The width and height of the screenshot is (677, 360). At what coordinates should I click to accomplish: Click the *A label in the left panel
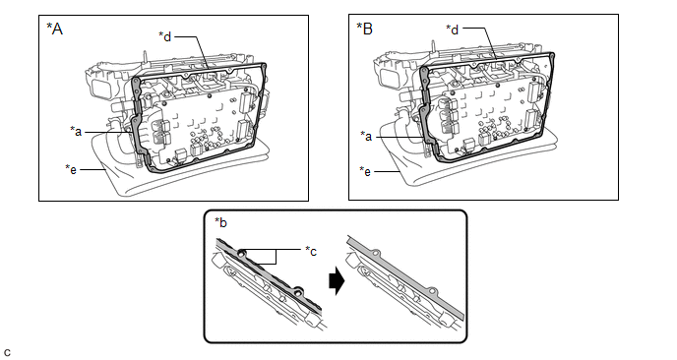coord(54,29)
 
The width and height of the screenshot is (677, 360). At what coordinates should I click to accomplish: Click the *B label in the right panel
coord(364,29)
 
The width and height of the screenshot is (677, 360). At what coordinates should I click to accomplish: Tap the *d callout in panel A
coord(165,36)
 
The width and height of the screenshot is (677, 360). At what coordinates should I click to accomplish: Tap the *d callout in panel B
coord(452,30)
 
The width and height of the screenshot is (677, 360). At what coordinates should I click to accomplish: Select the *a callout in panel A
coord(76,131)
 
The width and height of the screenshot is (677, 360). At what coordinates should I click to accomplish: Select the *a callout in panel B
coord(366,137)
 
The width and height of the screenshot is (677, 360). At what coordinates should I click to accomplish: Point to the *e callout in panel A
coord(71,169)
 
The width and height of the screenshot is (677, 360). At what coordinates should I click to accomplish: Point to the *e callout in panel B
coord(365,171)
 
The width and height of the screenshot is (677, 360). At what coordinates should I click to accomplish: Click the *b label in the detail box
coord(221,222)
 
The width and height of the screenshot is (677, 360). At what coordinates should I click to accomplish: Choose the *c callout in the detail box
coord(311,251)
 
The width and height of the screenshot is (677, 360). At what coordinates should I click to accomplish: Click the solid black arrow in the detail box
coord(337,282)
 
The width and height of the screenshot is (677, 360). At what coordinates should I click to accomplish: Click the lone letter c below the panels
coord(7,353)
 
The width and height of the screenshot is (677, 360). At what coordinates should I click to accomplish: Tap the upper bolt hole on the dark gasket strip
coord(242,252)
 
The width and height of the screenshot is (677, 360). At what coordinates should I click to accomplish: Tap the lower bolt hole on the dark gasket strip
coord(297,291)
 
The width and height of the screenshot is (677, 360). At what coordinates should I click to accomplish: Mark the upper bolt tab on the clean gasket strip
coord(376,253)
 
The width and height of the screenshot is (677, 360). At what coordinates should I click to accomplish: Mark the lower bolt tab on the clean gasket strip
coord(433,291)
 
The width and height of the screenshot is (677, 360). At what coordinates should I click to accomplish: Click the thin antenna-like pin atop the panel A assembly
coord(145,57)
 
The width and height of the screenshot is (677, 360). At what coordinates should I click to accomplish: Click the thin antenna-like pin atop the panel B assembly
coord(432,46)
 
